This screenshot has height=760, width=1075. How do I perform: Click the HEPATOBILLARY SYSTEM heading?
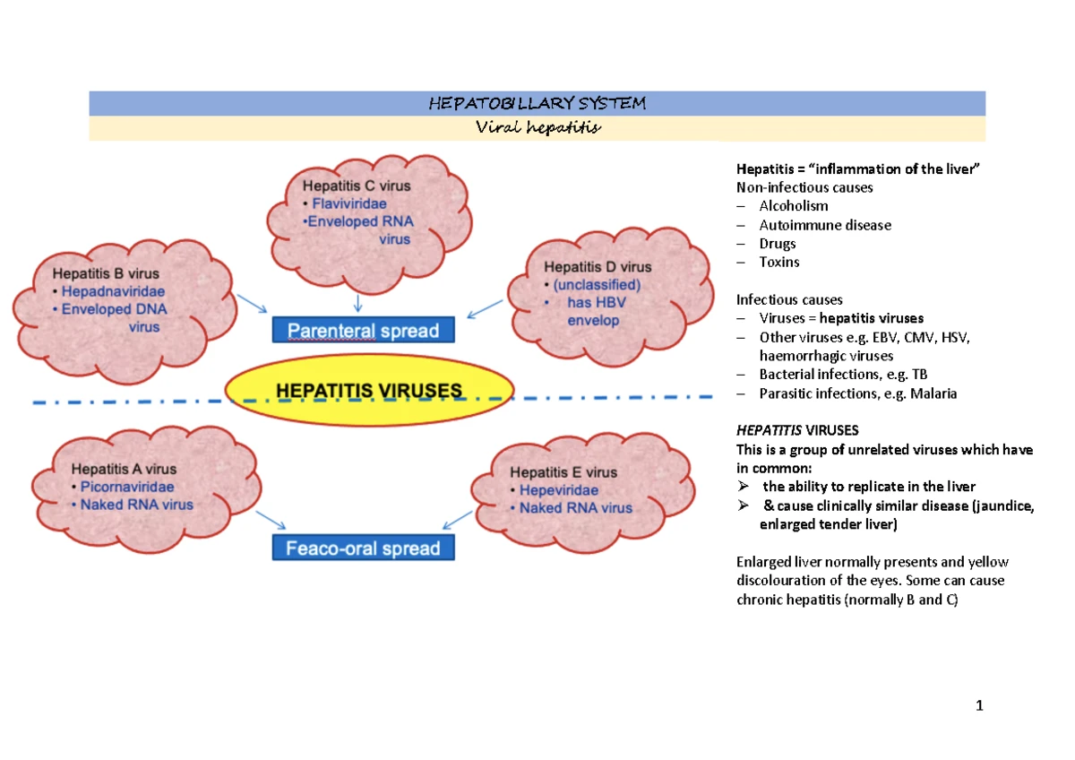click(537, 103)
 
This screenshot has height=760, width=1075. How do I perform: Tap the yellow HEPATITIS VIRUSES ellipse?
click(368, 391)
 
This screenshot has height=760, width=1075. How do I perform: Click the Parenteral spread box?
click(363, 330)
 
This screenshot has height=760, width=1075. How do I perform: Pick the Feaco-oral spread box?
click(363, 548)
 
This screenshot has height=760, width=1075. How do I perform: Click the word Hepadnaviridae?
click(113, 291)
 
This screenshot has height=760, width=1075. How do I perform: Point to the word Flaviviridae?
click(348, 203)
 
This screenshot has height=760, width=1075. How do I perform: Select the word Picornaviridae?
click(127, 487)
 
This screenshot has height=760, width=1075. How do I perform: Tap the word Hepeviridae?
click(559, 490)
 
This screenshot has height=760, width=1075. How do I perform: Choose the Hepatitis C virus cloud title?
click(357, 186)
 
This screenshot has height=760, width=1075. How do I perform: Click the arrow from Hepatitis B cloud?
click(251, 303)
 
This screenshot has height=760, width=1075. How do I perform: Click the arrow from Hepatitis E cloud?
click(458, 520)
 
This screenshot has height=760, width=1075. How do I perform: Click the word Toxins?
click(779, 262)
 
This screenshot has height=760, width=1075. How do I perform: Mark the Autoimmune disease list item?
click(825, 225)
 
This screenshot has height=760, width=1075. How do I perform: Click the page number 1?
click(979, 705)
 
